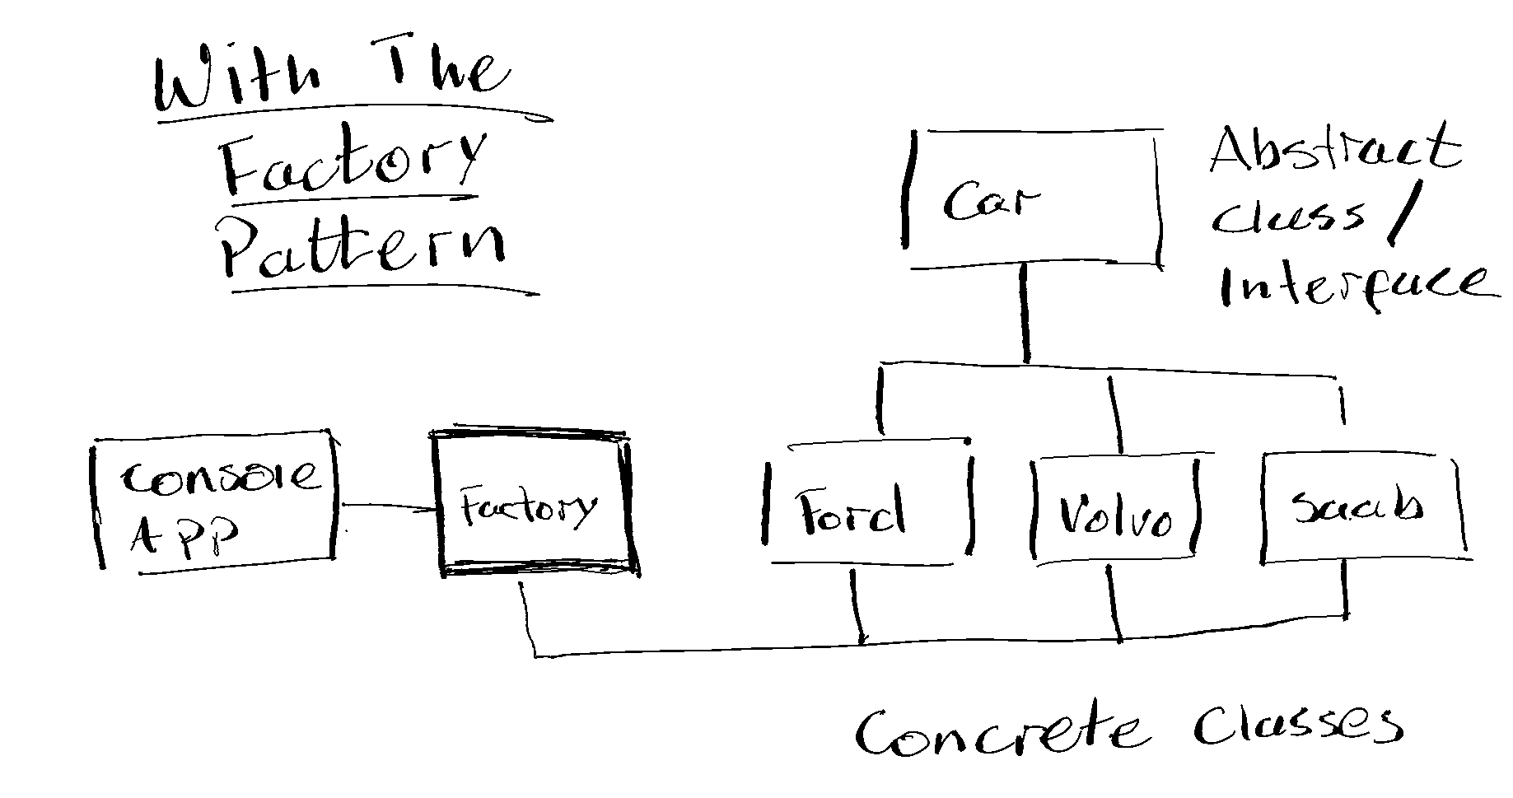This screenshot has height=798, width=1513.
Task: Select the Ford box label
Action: point(851,513)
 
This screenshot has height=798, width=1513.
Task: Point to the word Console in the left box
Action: point(219,477)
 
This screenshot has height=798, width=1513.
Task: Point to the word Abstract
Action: point(1333,150)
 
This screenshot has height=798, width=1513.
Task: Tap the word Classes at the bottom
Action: point(1297,725)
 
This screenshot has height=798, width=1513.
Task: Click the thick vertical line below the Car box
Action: point(1024,313)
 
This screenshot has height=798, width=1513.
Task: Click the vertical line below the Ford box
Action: point(857,605)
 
